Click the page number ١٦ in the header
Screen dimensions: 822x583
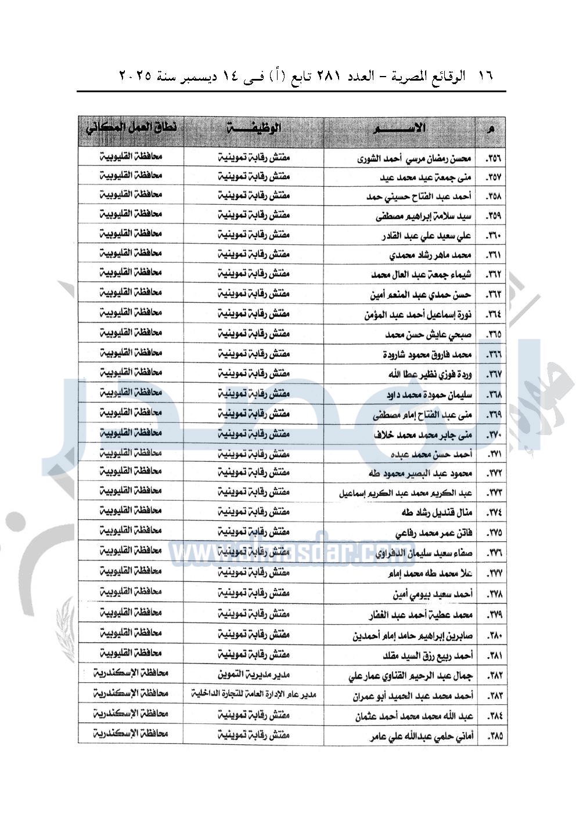tap(485, 76)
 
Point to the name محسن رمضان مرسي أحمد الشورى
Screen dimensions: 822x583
tap(414, 158)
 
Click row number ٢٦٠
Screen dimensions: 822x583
tap(493, 236)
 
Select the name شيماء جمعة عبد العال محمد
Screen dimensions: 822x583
tap(421, 274)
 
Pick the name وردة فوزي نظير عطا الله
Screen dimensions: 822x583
tap(430, 374)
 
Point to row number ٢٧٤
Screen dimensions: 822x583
tap(494, 513)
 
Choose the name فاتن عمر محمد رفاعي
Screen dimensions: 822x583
tap(433, 533)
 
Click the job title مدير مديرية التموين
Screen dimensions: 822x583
tap(254, 675)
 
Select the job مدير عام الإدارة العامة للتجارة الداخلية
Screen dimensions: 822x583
tap(254, 694)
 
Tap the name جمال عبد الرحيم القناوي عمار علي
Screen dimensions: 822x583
tap(411, 676)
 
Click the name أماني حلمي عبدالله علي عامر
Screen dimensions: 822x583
tap(422, 737)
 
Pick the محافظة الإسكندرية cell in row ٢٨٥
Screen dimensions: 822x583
tap(131, 734)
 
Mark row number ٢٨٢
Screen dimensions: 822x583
tap(494, 676)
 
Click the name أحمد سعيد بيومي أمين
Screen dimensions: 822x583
tap(433, 594)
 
